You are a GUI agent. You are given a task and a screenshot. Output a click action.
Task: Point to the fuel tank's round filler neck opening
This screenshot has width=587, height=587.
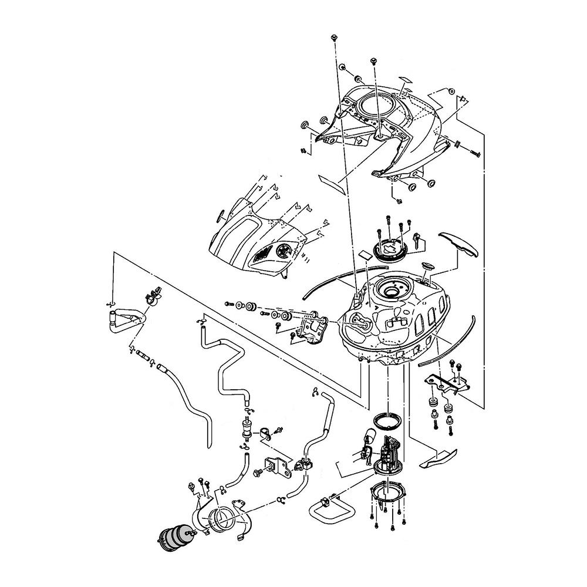click(390, 289)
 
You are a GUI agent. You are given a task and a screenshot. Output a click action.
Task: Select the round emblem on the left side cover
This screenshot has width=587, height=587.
click(284, 251)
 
